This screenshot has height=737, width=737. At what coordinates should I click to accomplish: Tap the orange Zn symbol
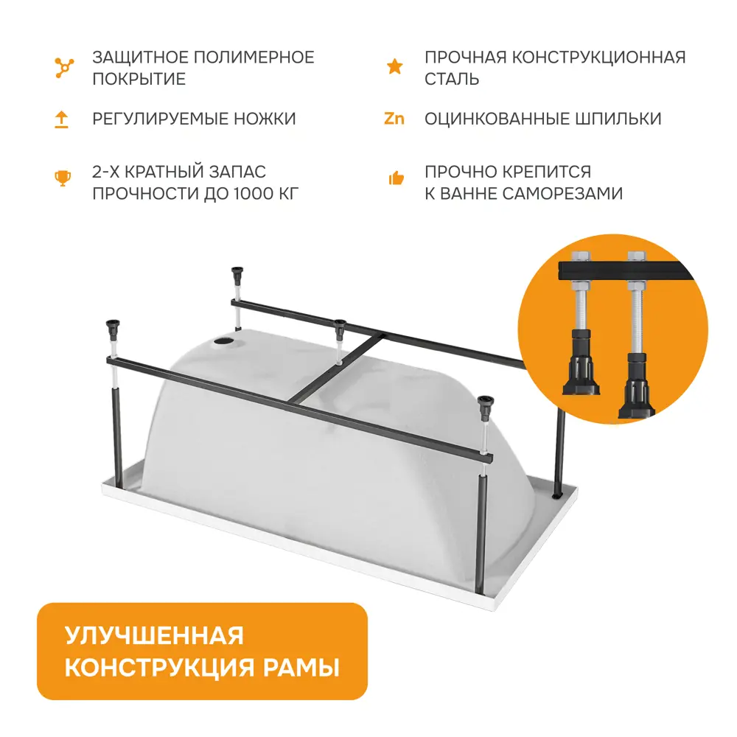394,119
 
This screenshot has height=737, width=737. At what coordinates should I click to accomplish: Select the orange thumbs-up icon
396,178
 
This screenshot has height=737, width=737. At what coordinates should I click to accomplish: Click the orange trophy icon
63,178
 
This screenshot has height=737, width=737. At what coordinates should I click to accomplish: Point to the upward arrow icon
62,119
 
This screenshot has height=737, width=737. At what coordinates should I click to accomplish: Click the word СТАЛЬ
452,79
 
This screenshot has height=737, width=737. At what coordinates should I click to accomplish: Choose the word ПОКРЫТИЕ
139,79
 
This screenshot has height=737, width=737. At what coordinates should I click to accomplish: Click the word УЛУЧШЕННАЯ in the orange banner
154,636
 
